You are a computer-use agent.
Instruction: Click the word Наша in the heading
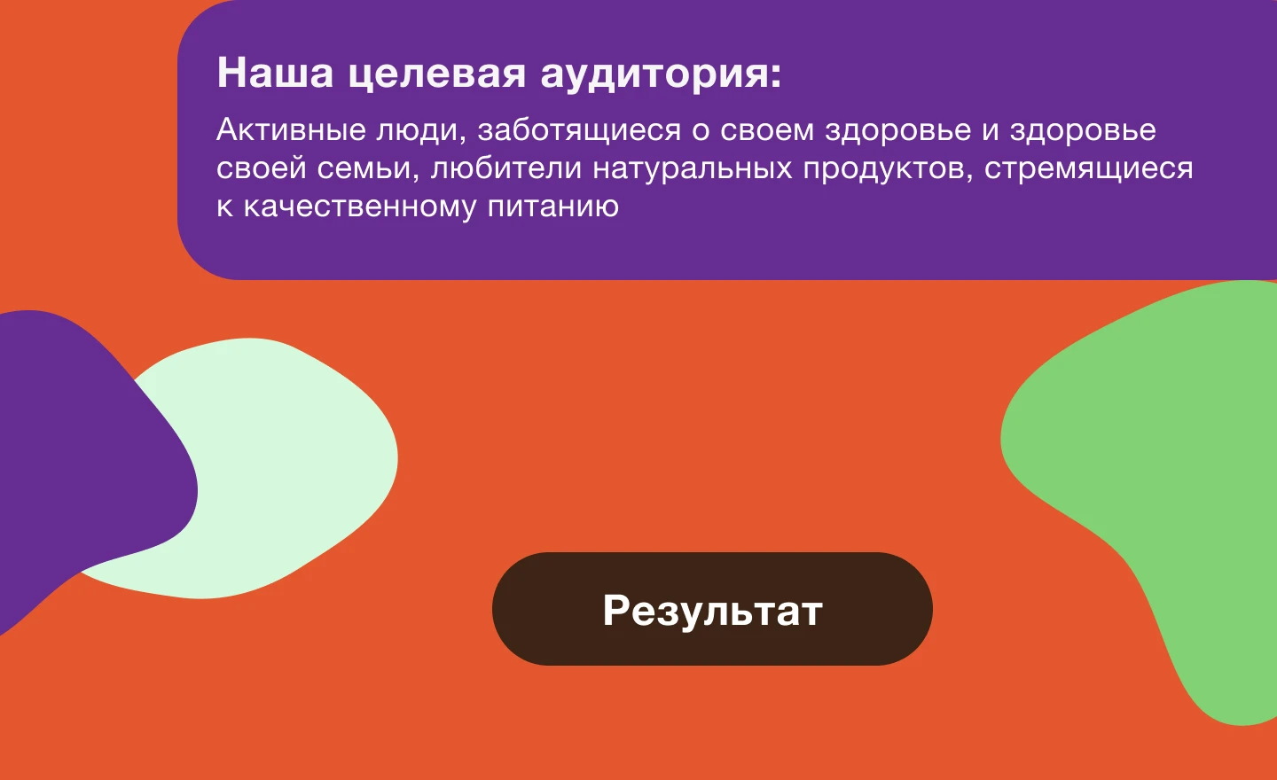(x=275, y=73)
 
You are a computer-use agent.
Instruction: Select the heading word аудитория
(x=660, y=73)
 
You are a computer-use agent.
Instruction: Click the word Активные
(x=291, y=130)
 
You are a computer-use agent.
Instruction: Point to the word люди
(x=419, y=130)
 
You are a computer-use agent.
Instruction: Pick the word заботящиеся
(x=579, y=130)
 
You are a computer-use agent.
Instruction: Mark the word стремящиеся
(x=1088, y=168)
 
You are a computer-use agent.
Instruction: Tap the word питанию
(x=552, y=207)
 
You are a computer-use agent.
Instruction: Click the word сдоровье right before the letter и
(x=897, y=130)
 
